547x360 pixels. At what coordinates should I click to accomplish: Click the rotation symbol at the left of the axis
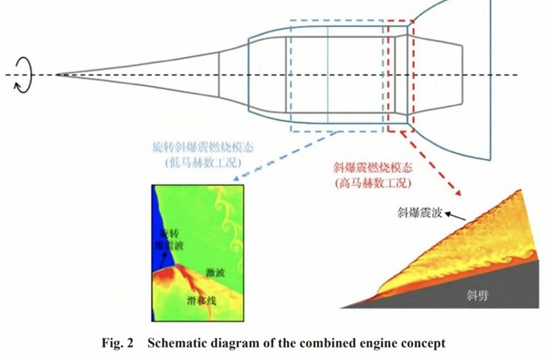pos(24,75)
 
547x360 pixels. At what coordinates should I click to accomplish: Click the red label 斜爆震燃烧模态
pos(369,169)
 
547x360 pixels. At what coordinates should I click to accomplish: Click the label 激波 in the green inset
pos(216,271)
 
